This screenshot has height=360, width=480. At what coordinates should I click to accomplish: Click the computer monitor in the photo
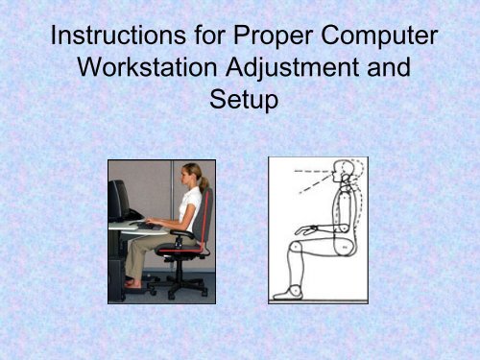(x=120, y=199)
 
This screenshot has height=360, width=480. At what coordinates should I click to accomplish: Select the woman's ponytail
(x=204, y=181)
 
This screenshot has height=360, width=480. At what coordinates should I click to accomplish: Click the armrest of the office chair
(x=188, y=231)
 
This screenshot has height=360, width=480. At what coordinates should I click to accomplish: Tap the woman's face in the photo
(x=189, y=180)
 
